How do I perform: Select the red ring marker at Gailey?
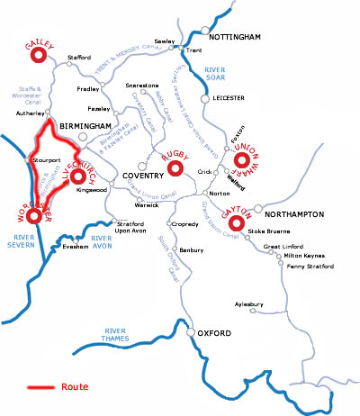coord(39,56)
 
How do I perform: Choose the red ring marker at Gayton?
coord(238,222)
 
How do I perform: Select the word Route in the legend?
coord(76,388)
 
